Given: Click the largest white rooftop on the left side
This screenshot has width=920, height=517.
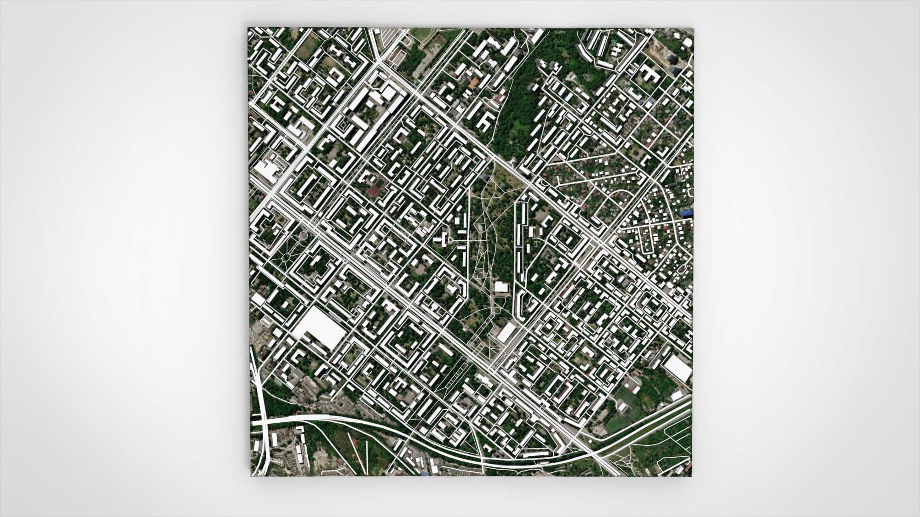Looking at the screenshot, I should tap(319, 328).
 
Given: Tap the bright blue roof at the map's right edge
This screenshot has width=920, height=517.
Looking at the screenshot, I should tap(687, 212).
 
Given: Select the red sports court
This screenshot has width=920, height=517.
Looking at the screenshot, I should tap(377, 185).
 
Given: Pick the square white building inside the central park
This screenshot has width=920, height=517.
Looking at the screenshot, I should tap(500, 287).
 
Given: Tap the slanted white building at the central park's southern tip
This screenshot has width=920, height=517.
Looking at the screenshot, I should tap(506, 331).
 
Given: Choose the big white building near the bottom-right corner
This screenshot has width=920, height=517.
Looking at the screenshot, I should tap(678, 368).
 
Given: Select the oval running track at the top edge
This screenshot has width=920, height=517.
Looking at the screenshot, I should tap(427, 34).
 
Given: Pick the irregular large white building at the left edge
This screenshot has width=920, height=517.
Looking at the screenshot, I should tap(266, 170).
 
